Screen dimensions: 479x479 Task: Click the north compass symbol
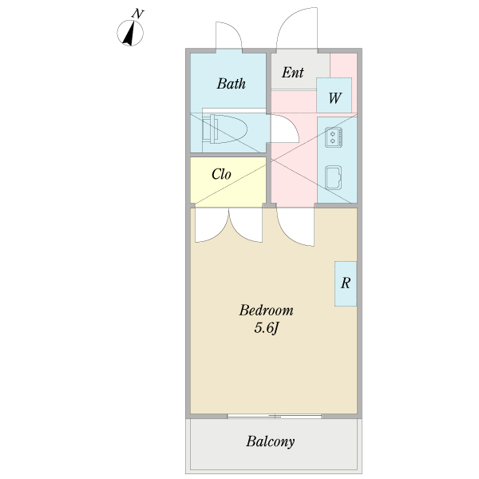[130, 33]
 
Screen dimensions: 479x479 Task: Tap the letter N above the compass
[138, 14]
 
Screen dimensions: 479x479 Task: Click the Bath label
[232, 84]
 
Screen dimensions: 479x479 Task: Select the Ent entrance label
[293, 73]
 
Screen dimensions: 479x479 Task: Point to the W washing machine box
[334, 95]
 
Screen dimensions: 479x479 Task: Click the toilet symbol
[224, 129]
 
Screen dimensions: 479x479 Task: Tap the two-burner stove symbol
[333, 137]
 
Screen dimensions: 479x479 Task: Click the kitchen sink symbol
[333, 177]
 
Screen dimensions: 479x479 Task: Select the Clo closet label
[221, 174]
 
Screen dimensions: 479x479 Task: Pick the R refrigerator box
[346, 283]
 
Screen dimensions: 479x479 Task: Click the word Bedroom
[266, 311]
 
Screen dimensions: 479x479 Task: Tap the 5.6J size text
[267, 328]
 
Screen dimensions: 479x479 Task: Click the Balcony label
[271, 441]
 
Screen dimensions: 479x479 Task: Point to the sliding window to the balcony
[275, 416]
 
